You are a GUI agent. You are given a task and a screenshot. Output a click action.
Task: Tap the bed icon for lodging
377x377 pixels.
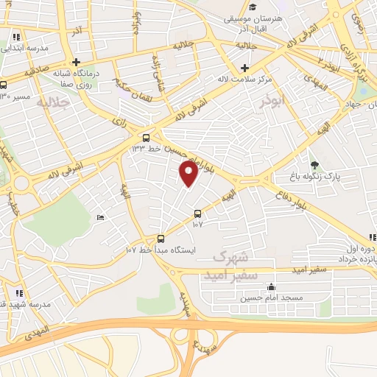tap(101, 217)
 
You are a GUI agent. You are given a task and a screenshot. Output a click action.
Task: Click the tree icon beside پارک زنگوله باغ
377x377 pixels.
tap(315, 165)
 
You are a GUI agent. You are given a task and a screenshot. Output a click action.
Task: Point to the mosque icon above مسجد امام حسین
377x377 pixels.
tap(272, 286)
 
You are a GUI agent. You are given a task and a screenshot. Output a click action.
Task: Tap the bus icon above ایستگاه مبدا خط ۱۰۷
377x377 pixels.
tap(161, 239)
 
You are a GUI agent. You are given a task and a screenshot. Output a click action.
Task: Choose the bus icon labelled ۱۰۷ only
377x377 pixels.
tap(197, 214)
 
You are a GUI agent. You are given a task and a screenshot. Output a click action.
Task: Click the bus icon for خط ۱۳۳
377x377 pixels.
tap(146, 137)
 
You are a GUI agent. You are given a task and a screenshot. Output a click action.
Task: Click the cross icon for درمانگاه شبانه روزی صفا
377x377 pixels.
tap(76, 62)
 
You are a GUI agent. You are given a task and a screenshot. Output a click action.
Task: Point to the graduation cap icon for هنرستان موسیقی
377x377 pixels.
tap(253, 7)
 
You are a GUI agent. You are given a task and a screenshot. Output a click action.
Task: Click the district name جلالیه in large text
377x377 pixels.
tap(57, 103)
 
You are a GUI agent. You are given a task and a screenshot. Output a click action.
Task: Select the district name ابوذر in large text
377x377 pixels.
tap(272, 105)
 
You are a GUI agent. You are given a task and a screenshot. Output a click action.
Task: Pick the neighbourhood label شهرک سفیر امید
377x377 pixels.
tap(234, 262)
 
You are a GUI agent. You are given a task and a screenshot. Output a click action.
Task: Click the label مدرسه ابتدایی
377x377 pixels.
tap(24, 48)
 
